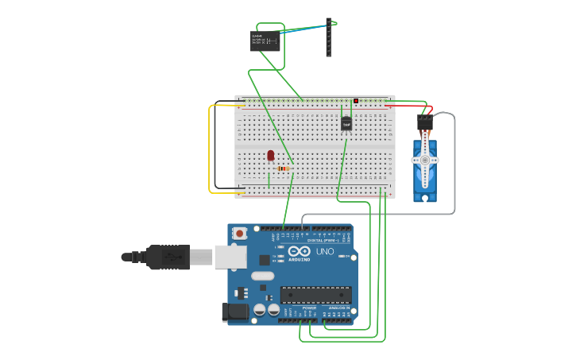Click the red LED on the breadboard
[x=271, y=155]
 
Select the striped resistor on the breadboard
[x=283, y=168]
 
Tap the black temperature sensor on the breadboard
[x=346, y=123]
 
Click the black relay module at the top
[x=265, y=41]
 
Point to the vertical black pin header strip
[x=328, y=37]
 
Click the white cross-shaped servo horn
[x=425, y=161]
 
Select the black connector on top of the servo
[x=425, y=122]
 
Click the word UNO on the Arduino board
[x=325, y=252]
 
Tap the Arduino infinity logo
[x=300, y=253]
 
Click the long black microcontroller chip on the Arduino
[x=315, y=295]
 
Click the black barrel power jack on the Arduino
[x=234, y=312]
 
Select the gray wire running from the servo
[x=454, y=167]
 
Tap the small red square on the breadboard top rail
[x=356, y=101]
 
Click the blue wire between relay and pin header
[x=302, y=30]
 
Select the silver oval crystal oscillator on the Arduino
[x=262, y=277]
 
